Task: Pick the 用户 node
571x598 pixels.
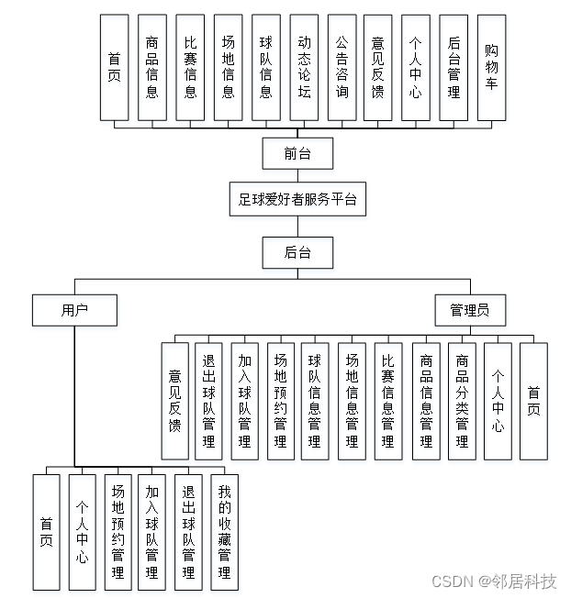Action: [x=74, y=310]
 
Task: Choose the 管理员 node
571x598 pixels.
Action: [x=469, y=310]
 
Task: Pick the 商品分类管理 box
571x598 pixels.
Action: [x=462, y=401]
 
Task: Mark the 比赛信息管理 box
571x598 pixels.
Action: [x=388, y=401]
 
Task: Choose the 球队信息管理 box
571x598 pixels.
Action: [x=315, y=401]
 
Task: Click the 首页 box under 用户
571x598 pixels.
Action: [x=46, y=531]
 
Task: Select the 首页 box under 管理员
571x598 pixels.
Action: [x=533, y=401]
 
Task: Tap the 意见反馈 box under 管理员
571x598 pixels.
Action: [x=174, y=401]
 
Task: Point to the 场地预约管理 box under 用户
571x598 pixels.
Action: [x=117, y=531]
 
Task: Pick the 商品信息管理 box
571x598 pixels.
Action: [x=426, y=401]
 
